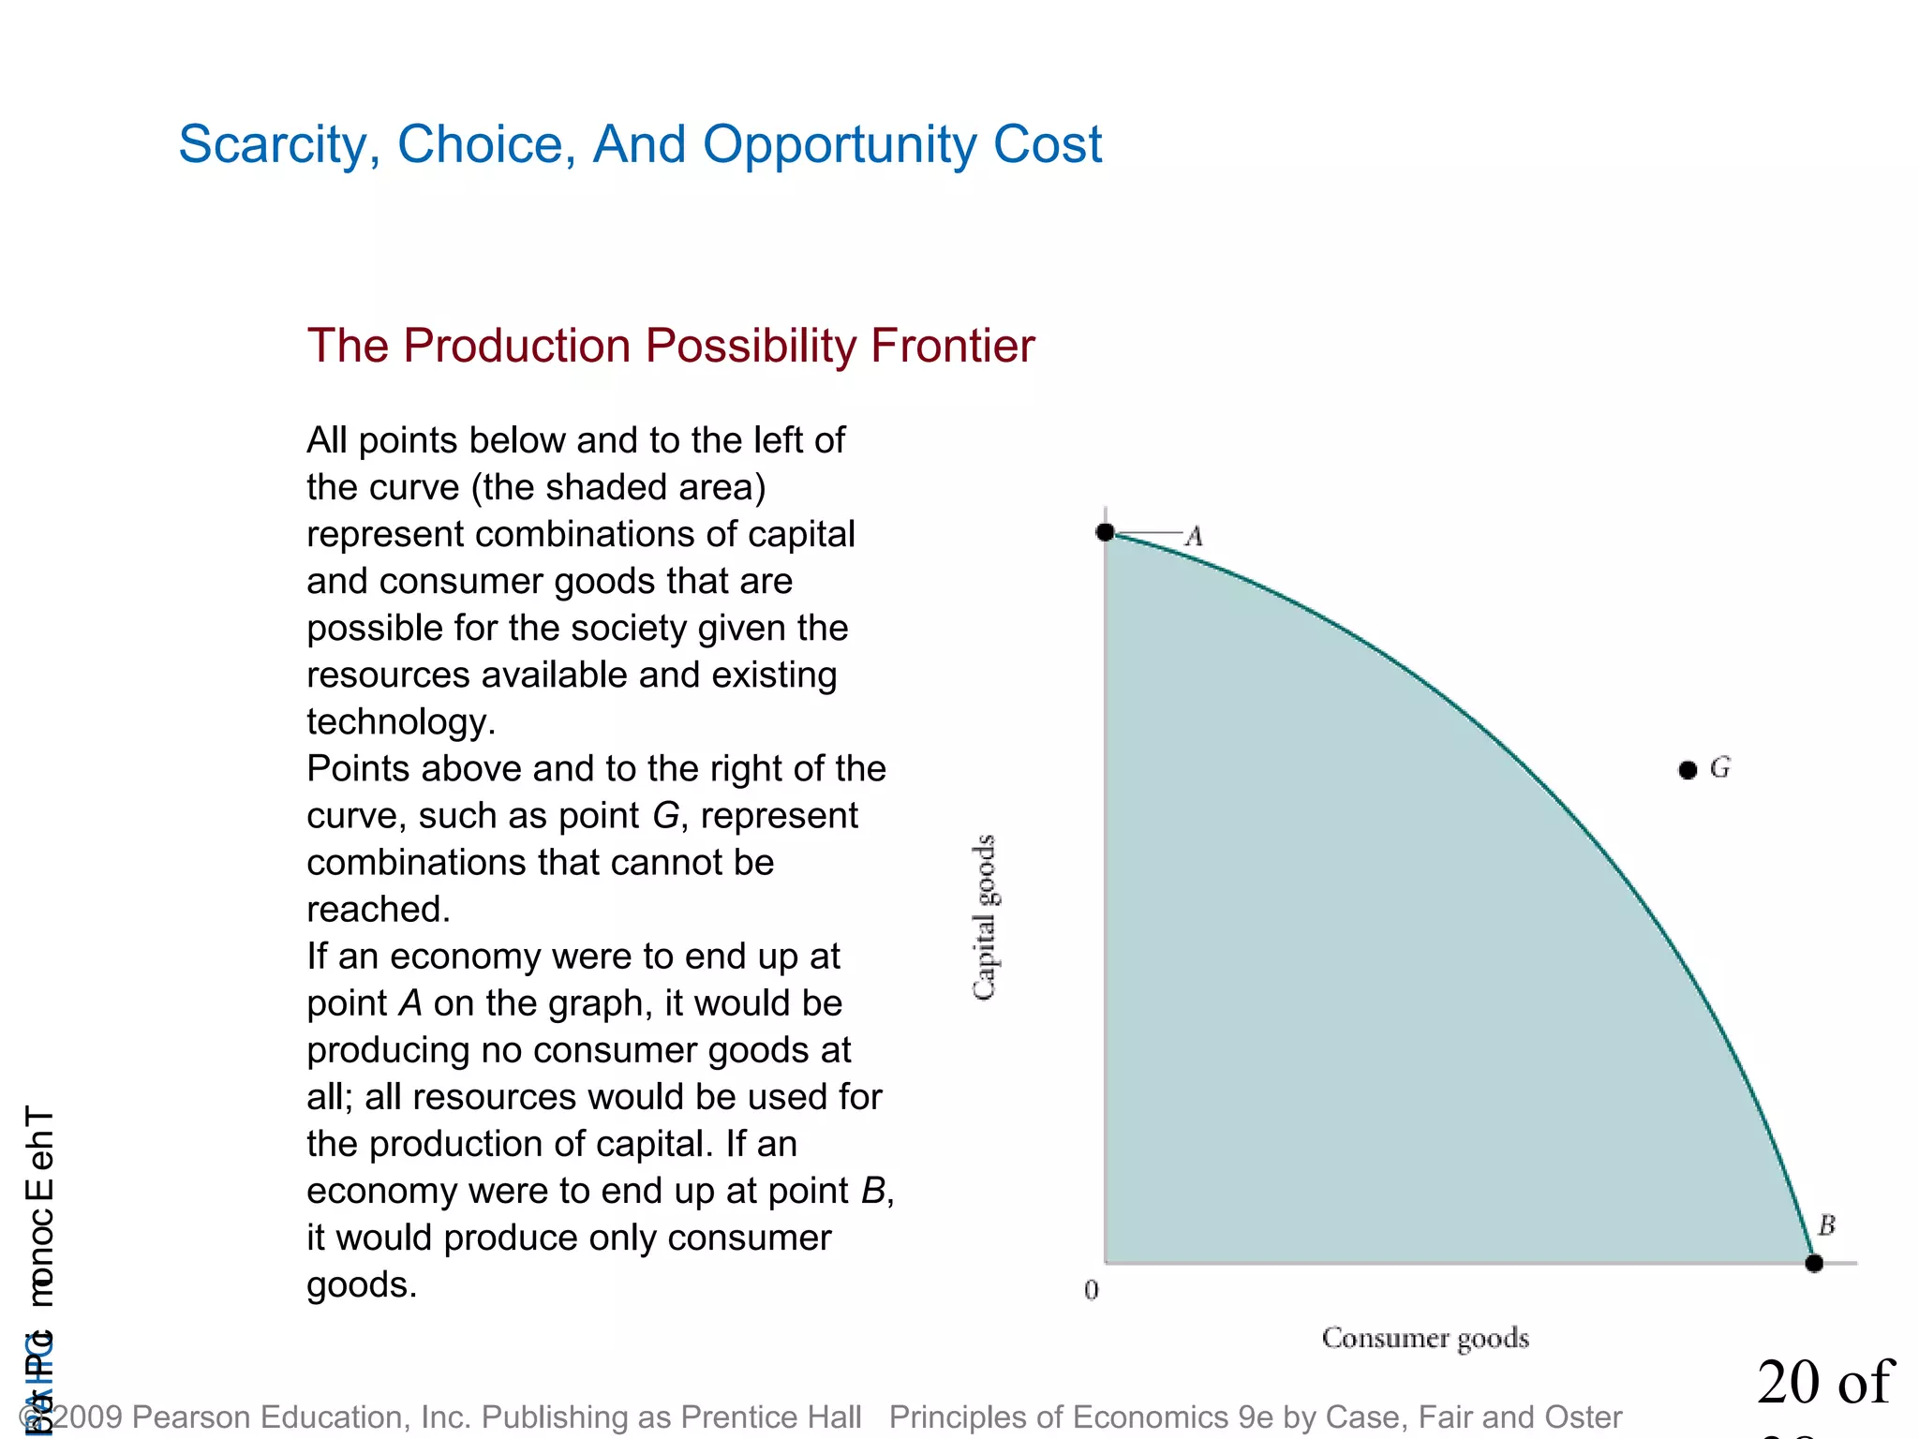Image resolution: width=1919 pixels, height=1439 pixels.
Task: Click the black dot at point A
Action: [1106, 532]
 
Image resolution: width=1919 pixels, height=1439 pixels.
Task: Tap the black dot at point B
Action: [1814, 1263]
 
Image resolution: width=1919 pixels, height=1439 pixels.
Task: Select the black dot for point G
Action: [1688, 770]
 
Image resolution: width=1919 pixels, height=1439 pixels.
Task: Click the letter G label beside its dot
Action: [1720, 768]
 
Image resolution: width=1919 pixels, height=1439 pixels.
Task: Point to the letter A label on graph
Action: [1194, 537]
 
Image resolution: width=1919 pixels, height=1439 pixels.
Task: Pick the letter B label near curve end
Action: [1826, 1224]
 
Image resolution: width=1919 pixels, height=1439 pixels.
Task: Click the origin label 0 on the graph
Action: [1092, 1290]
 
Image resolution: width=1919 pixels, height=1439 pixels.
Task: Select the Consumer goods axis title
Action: [1425, 1338]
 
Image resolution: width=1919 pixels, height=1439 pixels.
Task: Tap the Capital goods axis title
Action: [984, 917]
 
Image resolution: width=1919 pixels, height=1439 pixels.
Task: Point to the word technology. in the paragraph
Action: [401, 721]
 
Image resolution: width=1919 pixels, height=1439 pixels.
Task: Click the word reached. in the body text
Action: [379, 909]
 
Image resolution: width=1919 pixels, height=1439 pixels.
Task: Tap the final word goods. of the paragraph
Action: [362, 1284]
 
